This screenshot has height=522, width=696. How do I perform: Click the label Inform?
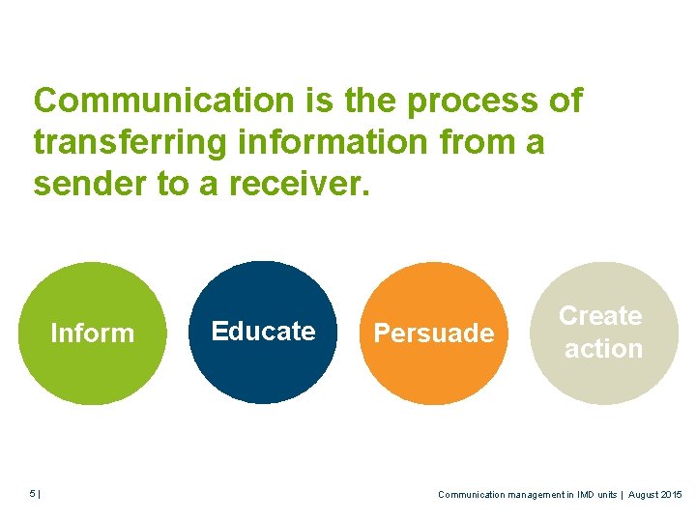click(92, 333)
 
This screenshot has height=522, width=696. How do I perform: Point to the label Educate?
click(263, 332)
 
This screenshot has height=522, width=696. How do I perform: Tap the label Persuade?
click(434, 333)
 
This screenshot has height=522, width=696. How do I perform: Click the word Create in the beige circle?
click(600, 316)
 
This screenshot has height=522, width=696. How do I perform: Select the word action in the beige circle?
click(603, 349)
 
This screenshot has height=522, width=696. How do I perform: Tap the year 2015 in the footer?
click(671, 494)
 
